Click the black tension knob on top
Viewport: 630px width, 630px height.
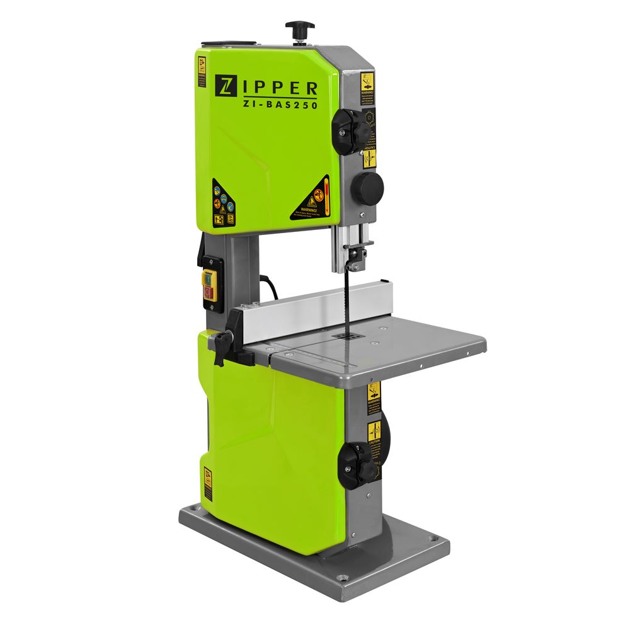tap(299, 28)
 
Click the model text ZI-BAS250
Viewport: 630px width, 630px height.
tap(278, 105)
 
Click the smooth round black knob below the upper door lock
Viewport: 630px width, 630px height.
tap(367, 186)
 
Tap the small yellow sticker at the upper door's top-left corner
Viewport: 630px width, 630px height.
tap(202, 72)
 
